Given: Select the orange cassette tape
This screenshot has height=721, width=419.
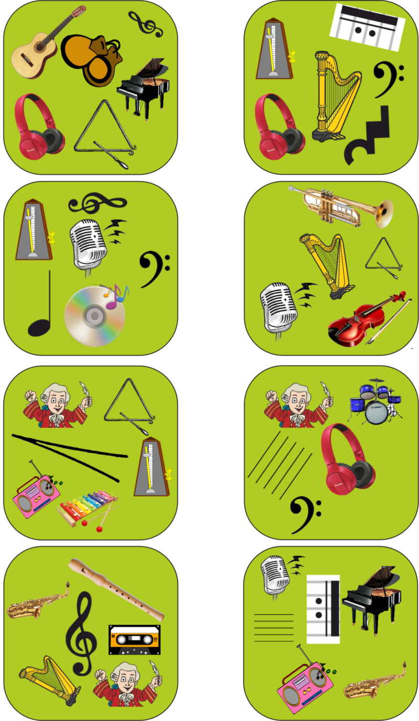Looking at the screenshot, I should [134, 639].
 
